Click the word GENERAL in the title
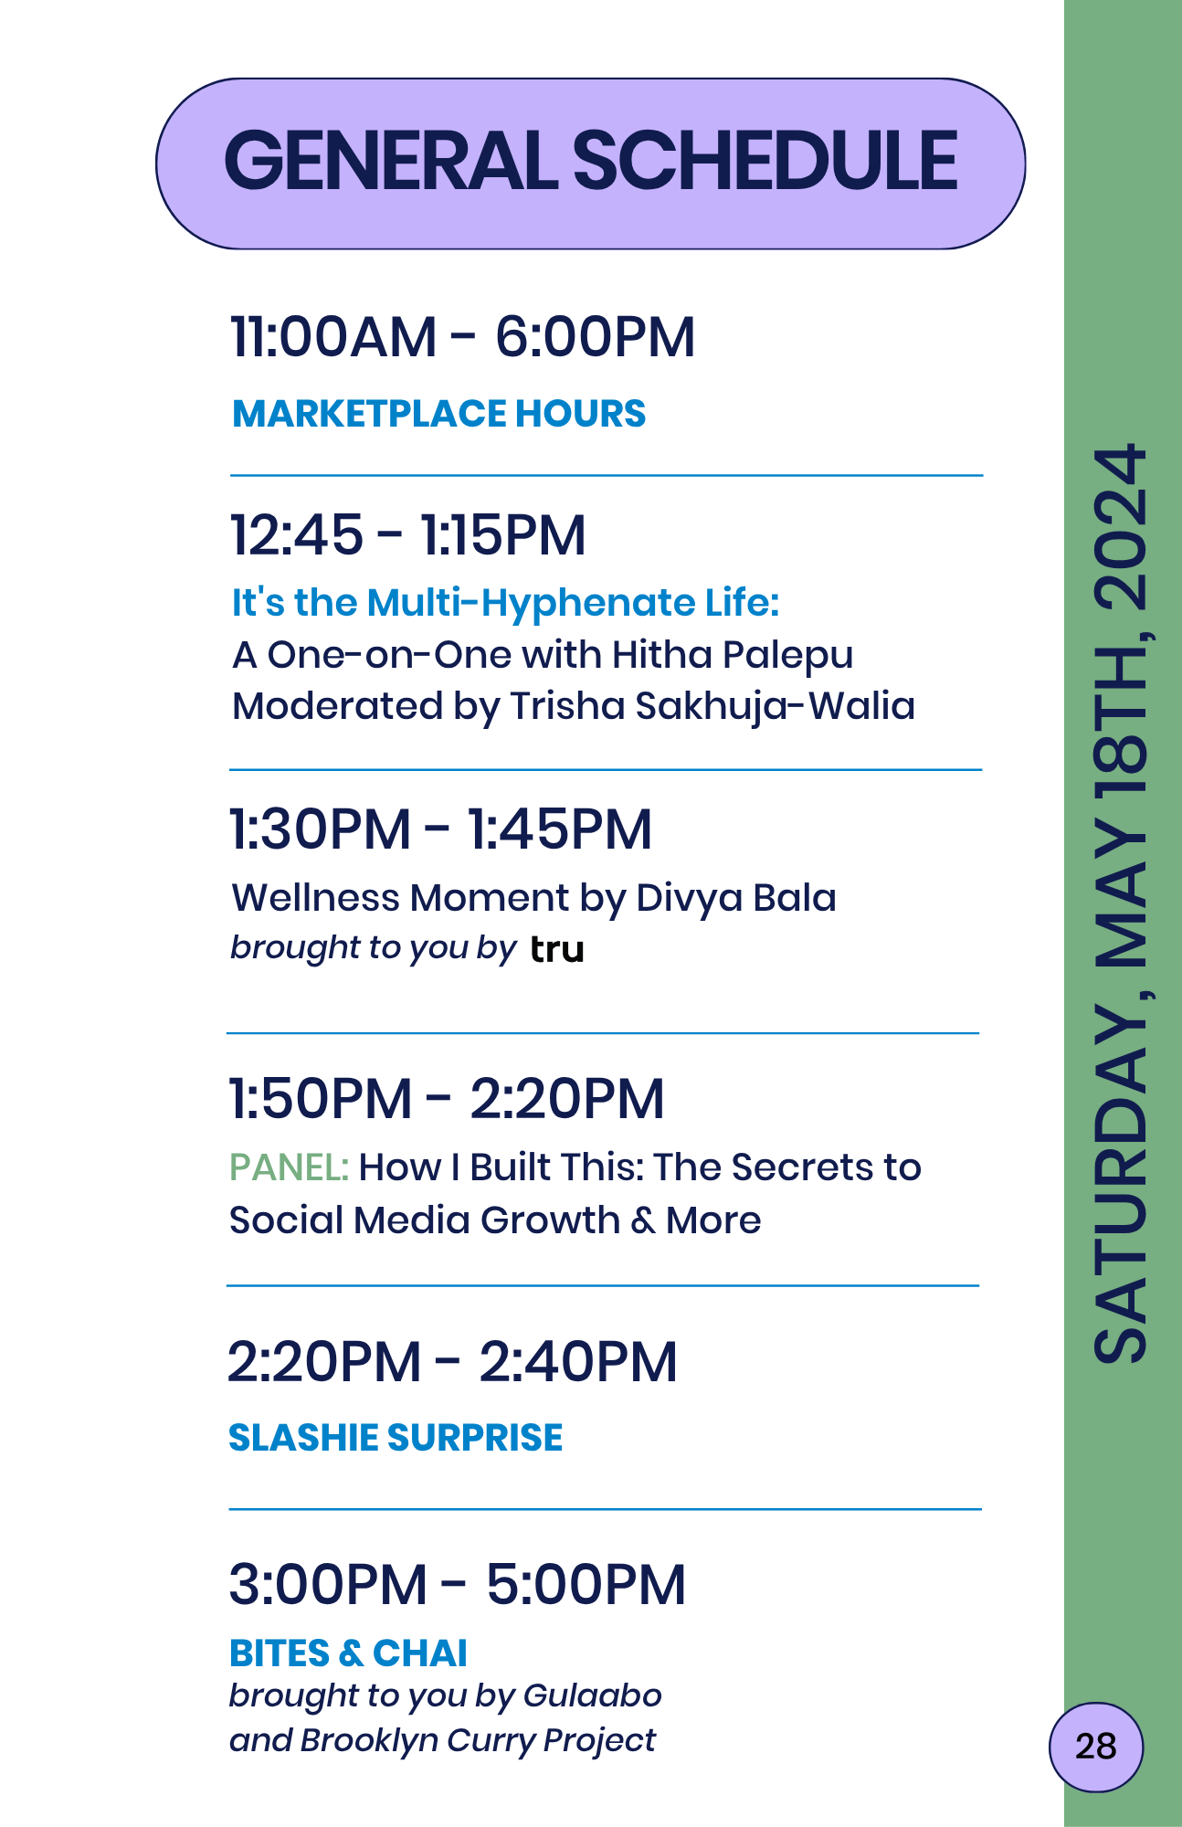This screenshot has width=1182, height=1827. point(390,161)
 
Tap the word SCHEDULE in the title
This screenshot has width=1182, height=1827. point(765,161)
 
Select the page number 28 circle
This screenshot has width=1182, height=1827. point(1095,1747)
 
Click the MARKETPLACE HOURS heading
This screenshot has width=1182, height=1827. point(439,414)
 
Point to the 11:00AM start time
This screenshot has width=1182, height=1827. point(333,336)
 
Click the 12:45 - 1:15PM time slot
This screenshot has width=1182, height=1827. point(407,534)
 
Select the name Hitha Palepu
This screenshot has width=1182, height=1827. point(733,656)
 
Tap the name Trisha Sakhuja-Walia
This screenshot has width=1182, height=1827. point(712,706)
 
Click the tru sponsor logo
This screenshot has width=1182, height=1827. point(557,950)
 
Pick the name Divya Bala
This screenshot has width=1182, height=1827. point(736,899)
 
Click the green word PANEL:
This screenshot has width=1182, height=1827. point(289,1167)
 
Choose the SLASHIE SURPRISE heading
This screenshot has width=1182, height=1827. point(396,1438)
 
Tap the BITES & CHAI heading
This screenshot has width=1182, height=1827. point(348,1653)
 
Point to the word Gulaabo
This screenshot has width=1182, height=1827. point(593,1695)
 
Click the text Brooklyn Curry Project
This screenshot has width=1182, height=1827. point(478,1741)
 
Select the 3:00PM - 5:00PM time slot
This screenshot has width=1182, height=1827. point(457,1584)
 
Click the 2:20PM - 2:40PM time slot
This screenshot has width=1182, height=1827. point(452,1362)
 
